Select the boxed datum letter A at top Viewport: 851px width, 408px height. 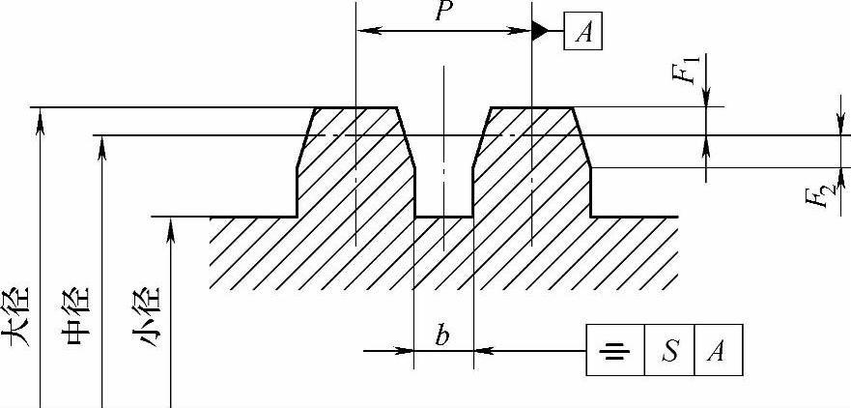[x=583, y=32]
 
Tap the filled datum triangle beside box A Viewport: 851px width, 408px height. [x=539, y=31]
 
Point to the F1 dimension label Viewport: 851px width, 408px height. [x=687, y=71]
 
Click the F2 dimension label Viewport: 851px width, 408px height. [x=818, y=196]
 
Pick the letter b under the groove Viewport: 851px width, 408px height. [x=442, y=335]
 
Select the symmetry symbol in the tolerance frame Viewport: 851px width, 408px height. [x=613, y=351]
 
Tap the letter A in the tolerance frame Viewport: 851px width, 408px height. [x=717, y=351]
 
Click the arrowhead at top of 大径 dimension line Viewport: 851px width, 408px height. [x=41, y=115]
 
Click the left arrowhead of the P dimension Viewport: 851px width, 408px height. [x=365, y=31]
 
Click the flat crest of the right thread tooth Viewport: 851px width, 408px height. [x=531, y=107]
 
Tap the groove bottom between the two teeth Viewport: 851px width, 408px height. [x=443, y=216]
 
